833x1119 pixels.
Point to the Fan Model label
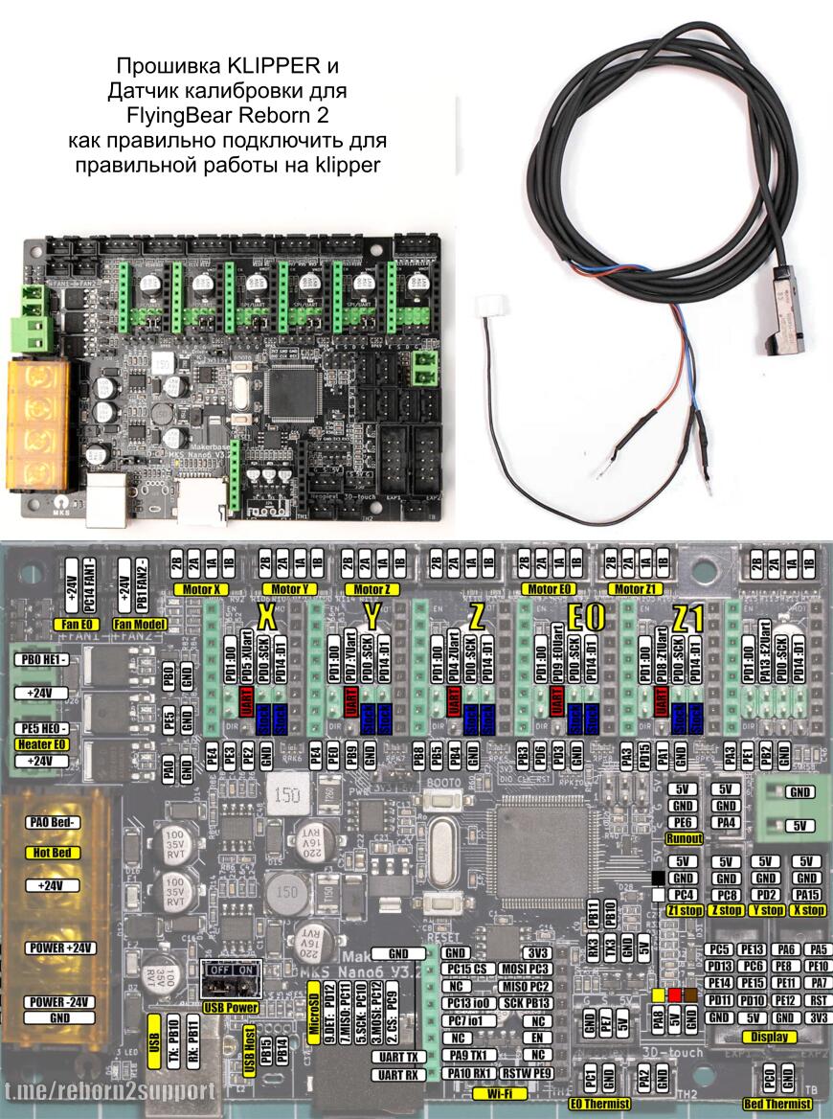[x=140, y=624]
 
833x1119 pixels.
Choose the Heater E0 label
[x=39, y=743]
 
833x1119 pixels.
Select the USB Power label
[x=230, y=1009]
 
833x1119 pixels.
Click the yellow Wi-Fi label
[x=498, y=1091]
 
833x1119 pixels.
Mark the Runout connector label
[x=685, y=838]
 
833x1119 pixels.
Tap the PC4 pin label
[x=684, y=894]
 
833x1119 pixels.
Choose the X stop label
[x=806, y=910]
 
